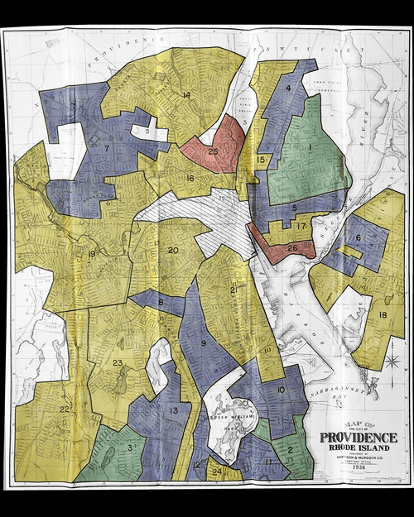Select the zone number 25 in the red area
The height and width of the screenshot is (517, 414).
coord(214,151)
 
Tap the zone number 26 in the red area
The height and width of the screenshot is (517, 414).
coord(292,247)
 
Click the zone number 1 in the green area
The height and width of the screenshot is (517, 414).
coord(310,147)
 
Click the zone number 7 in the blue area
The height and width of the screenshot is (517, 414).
coord(107,148)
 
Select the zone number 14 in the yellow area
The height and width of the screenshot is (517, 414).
coord(186,96)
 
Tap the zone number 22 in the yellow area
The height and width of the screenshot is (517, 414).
coord(64,409)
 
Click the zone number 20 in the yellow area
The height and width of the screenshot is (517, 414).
coord(173,250)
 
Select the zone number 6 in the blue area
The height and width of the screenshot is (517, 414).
coord(359,238)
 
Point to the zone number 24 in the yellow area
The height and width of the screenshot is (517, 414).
coord(216,472)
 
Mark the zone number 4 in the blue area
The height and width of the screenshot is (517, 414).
coord(288,88)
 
